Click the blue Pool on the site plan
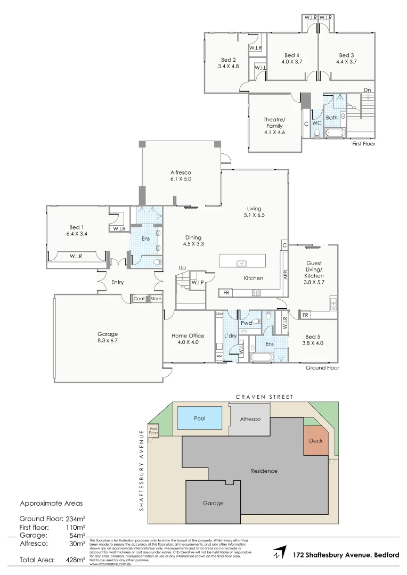click(x=199, y=418)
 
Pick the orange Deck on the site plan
click(x=316, y=441)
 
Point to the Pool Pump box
click(x=153, y=430)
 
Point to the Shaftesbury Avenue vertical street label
click(x=142, y=470)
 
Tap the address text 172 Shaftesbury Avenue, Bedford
click(x=346, y=555)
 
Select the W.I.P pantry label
click(x=198, y=282)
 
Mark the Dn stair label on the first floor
click(x=367, y=89)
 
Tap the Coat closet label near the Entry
click(x=139, y=299)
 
